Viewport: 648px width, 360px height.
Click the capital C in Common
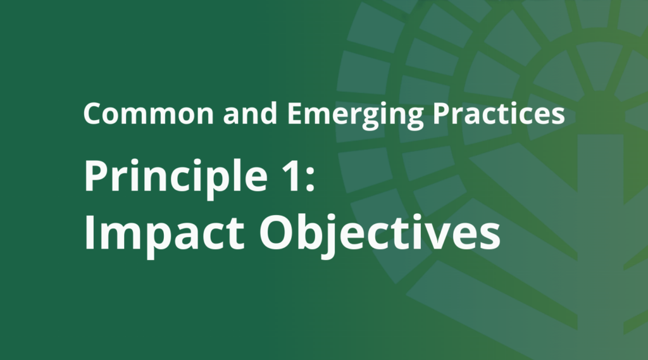pyautogui.click(x=92, y=114)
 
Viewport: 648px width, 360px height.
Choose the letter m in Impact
pyautogui.click(x=120, y=235)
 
